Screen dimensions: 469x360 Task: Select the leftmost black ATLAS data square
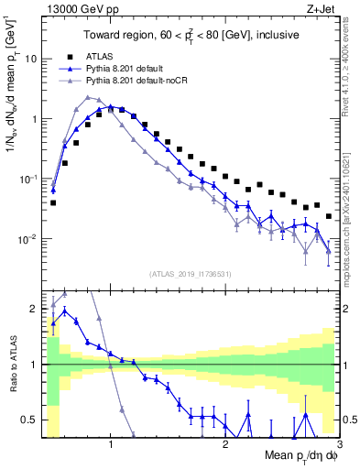[x=53, y=202]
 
